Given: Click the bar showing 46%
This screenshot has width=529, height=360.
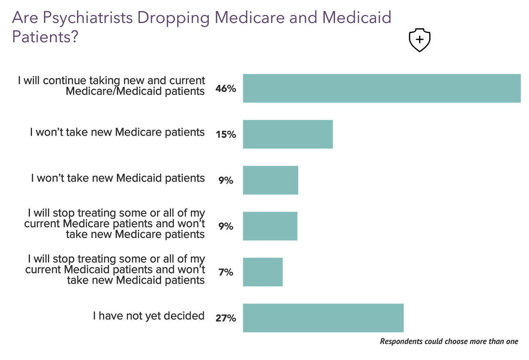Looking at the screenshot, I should (381, 88).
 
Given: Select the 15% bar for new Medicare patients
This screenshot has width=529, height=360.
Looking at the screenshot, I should (287, 134).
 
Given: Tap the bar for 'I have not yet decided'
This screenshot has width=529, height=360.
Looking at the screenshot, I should (323, 318).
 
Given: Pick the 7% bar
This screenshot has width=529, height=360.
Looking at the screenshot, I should (262, 272).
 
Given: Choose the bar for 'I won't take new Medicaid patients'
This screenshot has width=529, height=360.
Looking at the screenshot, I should (270, 180).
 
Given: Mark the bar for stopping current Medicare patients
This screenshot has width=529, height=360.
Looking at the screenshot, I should (270, 226).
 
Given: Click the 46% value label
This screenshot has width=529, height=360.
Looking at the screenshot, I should (226, 89).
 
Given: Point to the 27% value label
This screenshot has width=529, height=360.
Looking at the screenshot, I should (226, 318).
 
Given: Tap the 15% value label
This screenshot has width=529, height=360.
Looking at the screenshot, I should (226, 134).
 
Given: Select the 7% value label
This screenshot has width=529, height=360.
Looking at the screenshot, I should (226, 272).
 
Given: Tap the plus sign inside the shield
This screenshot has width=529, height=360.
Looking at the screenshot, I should (420, 39).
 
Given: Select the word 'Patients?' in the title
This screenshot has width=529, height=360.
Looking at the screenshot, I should (45, 36).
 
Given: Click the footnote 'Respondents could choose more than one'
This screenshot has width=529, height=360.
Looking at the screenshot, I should (449, 342).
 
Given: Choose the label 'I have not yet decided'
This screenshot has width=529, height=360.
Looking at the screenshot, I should (148, 316).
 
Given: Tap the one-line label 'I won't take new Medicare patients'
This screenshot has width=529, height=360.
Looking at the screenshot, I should (117, 132).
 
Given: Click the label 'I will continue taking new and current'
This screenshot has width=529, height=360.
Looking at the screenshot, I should (112, 80).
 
